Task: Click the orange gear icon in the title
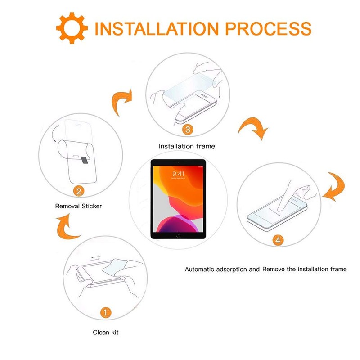click(72, 28)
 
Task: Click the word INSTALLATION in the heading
click(157, 29)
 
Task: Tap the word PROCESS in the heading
click(268, 29)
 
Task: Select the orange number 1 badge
click(106, 313)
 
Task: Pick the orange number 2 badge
click(79, 191)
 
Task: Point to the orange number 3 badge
click(188, 130)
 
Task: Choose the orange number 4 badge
click(278, 240)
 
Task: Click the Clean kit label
click(106, 332)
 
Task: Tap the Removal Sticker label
click(78, 206)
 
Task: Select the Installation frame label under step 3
click(187, 146)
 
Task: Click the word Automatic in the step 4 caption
click(199, 269)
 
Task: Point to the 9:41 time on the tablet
click(178, 174)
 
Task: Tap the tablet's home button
click(178, 236)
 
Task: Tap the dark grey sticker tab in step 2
click(85, 161)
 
